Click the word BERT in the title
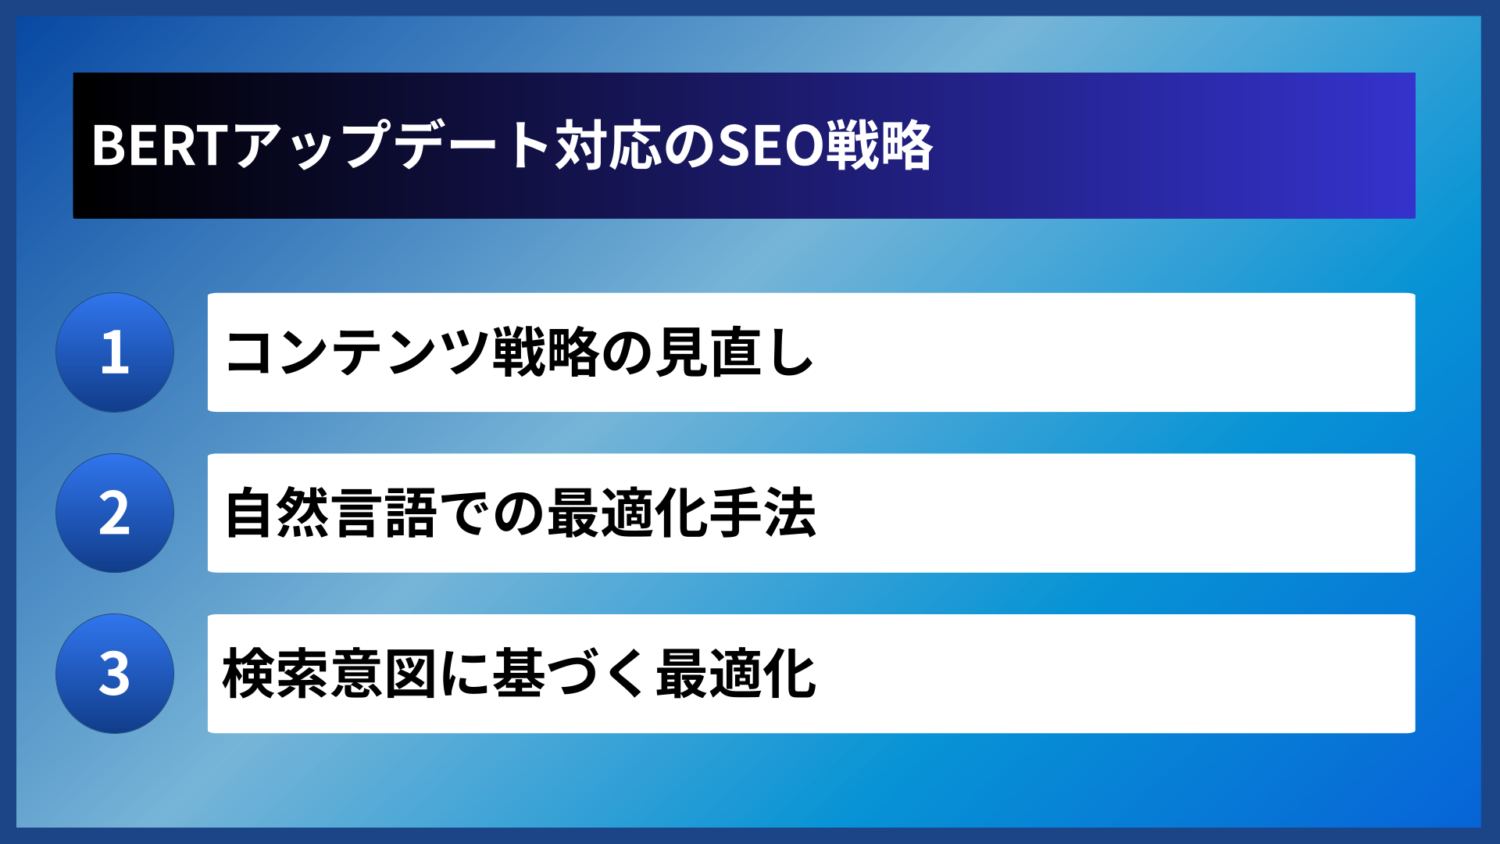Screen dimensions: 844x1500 tap(159, 146)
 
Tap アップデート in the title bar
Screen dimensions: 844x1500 tap(391, 146)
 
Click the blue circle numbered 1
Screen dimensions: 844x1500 tap(115, 352)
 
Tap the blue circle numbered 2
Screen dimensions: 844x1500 tap(115, 513)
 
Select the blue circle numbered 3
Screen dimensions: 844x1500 tap(115, 674)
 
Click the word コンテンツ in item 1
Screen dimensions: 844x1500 tap(357, 352)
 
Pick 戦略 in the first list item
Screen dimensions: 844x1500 tap(546, 352)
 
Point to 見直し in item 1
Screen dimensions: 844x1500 tap(734, 352)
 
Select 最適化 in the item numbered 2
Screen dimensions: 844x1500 tap(627, 513)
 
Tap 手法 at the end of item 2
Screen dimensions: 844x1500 tap(762, 513)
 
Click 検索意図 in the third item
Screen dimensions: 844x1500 tap(330, 674)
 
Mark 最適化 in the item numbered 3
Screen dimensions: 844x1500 tap(736, 674)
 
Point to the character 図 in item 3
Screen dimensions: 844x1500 tap(411, 674)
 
